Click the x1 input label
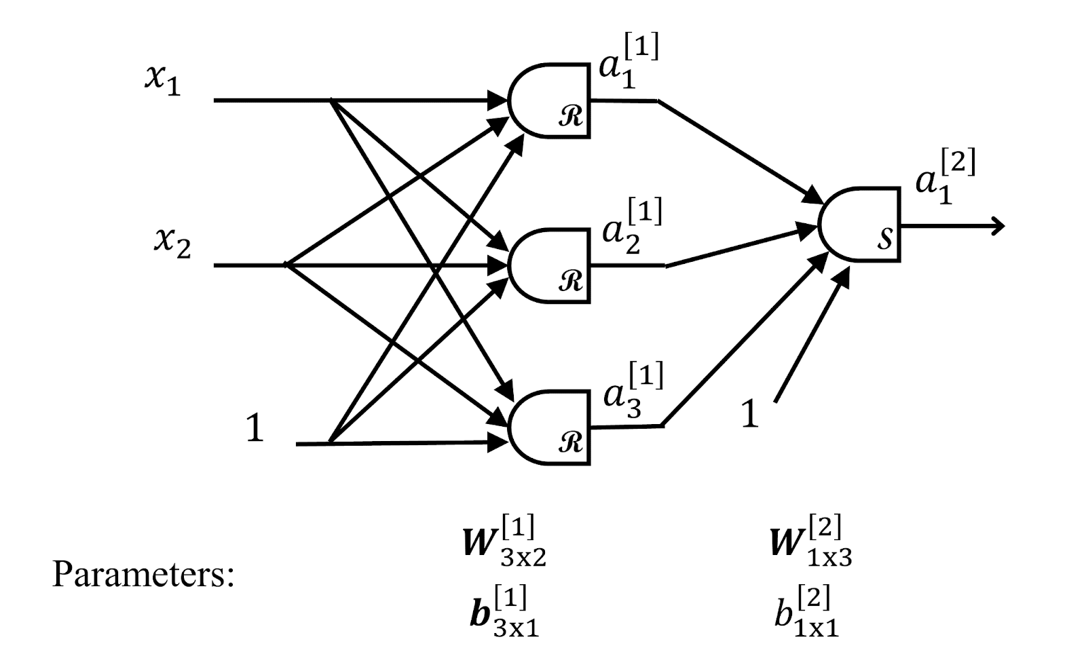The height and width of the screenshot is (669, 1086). [x=163, y=81]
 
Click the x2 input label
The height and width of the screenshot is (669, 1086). [x=172, y=243]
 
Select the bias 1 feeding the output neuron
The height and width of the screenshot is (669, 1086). [x=749, y=414]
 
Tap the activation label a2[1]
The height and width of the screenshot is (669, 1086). [x=631, y=227]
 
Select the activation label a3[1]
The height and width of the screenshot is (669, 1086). [x=633, y=391]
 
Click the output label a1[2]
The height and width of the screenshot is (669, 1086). [x=945, y=177]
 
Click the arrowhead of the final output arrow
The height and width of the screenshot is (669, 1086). [x=996, y=226]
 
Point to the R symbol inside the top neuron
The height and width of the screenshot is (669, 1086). [x=570, y=118]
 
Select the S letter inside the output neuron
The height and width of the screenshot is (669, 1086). [x=884, y=239]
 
